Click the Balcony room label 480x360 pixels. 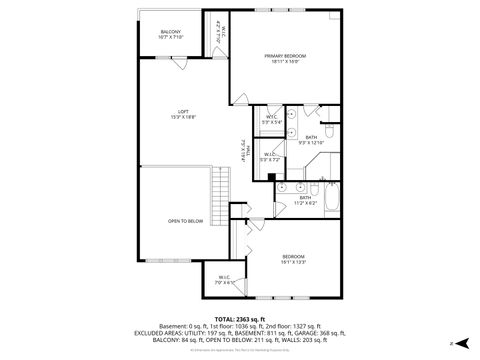tap(170, 35)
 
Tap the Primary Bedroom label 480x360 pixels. tap(285, 58)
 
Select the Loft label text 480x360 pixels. tap(183, 114)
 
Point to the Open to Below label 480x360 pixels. tap(185, 221)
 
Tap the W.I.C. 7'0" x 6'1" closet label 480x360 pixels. tap(224, 280)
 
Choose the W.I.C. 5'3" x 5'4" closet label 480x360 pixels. tap(271, 120)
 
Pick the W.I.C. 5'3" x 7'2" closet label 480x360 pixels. tap(270, 156)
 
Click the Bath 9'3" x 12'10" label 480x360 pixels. tap(311, 140)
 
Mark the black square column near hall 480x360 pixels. tap(271, 178)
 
